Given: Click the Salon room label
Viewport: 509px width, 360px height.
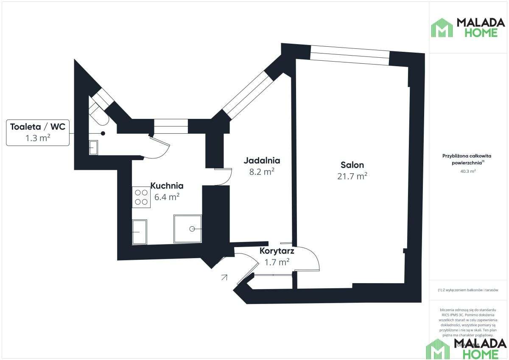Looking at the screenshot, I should click(352, 165).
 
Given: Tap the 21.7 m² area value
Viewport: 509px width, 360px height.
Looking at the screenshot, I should click(352, 176).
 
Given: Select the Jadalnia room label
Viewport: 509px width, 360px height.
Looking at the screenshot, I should click(262, 160).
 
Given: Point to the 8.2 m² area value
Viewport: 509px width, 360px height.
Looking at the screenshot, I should click(262, 172).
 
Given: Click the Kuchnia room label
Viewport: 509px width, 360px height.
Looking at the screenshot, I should click(167, 186).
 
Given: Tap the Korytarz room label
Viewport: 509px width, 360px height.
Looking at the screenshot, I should click(277, 251).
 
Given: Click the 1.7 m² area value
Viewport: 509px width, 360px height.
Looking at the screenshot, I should click(277, 262).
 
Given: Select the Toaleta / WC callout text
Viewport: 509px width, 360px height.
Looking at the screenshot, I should click(38, 127).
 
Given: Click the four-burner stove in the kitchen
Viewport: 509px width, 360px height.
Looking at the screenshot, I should click(141, 197).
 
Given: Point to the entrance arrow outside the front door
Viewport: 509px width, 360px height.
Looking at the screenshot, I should click(224, 278).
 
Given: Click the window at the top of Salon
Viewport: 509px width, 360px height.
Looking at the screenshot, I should click(350, 54).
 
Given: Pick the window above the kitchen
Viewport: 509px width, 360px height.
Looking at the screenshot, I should click(171, 126).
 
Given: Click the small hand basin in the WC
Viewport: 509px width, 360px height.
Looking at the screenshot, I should click(93, 147).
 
